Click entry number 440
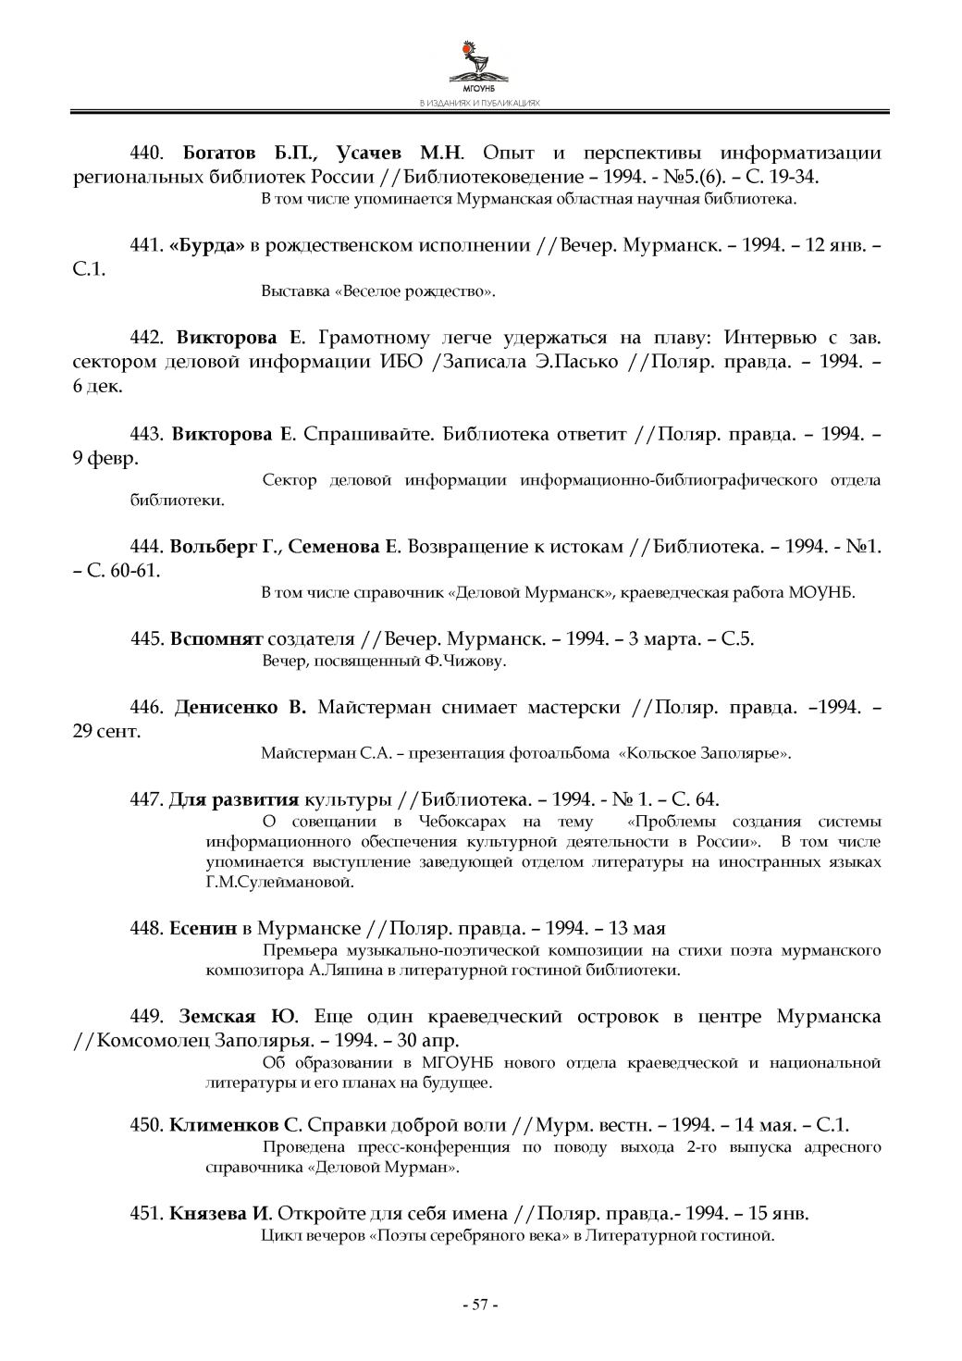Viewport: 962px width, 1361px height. coord(146,153)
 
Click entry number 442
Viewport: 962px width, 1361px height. coord(146,337)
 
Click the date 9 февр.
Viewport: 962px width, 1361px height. coord(105,458)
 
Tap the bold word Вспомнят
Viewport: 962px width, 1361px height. coord(216,638)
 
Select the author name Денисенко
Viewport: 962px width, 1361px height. coord(226,708)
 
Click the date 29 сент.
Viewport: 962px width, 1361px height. coord(107,732)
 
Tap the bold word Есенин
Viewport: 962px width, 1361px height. coord(203,927)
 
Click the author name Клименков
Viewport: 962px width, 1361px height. coord(224,1125)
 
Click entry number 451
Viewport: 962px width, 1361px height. coord(146,1213)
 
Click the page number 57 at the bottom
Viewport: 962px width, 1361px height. coord(480,1305)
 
